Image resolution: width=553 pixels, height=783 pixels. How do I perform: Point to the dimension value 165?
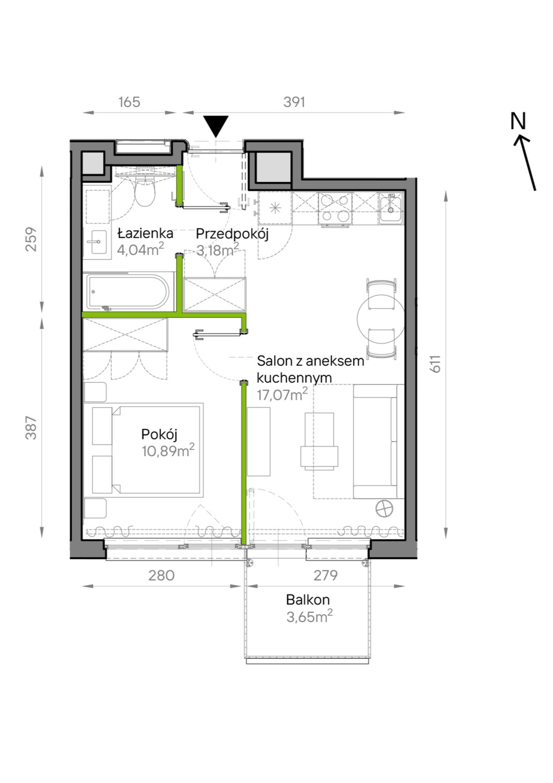click(129, 102)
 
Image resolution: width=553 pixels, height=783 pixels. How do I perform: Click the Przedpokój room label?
click(232, 234)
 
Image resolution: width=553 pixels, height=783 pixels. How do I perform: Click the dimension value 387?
click(31, 428)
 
